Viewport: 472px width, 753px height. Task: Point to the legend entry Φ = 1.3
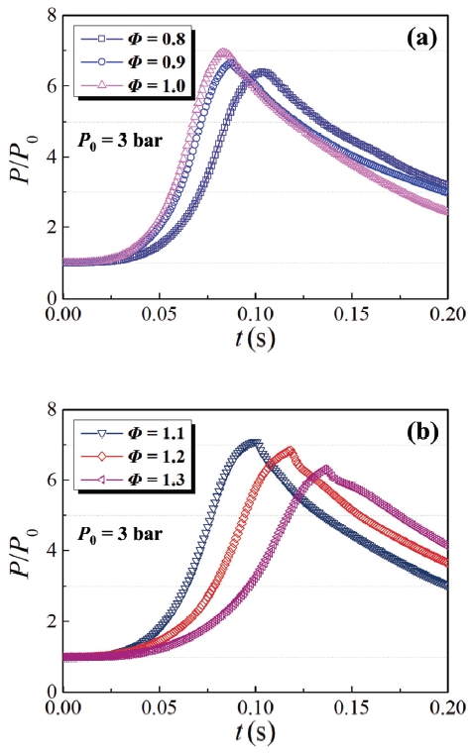(x=129, y=478)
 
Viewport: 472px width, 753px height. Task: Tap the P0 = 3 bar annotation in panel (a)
(x=117, y=139)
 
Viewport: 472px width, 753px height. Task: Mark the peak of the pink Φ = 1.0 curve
(x=223, y=52)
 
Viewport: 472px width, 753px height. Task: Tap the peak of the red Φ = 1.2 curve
(x=290, y=449)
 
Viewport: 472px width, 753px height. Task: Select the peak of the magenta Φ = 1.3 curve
(x=327, y=468)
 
